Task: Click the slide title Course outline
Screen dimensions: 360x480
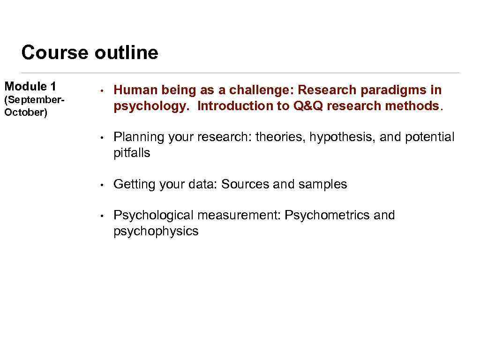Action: (90, 52)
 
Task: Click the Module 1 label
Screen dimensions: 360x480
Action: (30, 86)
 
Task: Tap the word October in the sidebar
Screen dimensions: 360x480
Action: (26, 113)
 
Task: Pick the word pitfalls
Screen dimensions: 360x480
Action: (132, 153)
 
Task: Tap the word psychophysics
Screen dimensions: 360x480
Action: (156, 231)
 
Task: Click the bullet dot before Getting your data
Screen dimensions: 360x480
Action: (101, 185)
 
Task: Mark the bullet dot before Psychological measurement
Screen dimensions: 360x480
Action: (101, 216)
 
